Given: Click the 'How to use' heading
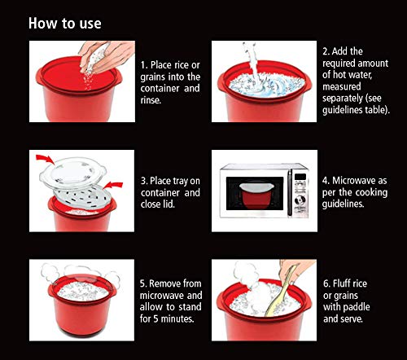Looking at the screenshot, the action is (x=65, y=24).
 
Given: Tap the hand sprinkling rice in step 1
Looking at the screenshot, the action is (x=107, y=56).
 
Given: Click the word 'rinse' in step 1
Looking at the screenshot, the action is (x=150, y=100).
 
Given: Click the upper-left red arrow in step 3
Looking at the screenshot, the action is (x=45, y=160).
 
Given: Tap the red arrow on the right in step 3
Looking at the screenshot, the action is (x=113, y=186).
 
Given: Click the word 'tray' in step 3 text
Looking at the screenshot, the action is (x=180, y=182).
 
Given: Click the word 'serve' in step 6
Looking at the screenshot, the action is (x=352, y=318).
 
